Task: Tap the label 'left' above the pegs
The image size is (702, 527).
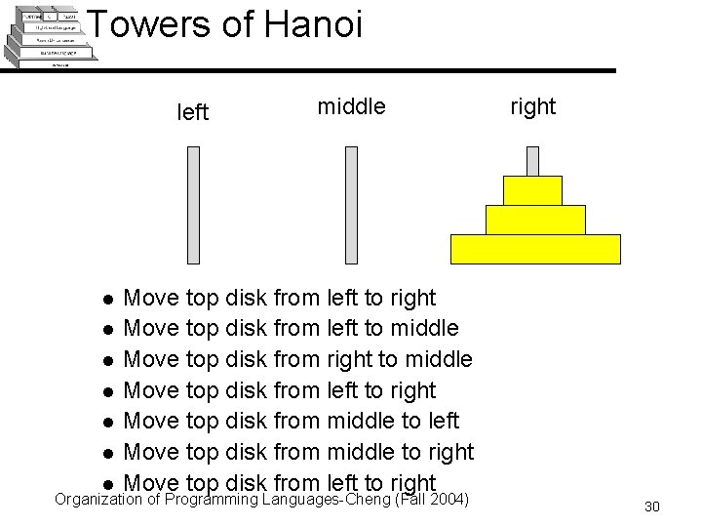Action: coord(192,112)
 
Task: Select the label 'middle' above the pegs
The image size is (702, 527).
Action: coord(351,106)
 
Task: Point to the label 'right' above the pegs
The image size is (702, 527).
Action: coord(532,106)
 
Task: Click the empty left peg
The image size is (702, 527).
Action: coord(193,205)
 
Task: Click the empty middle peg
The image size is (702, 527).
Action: coord(352,205)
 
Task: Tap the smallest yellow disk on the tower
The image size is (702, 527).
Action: coord(532,190)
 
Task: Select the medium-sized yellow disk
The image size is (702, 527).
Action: coord(535,220)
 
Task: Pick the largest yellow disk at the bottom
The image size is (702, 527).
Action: coord(535,249)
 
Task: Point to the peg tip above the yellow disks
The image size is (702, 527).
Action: coord(532,160)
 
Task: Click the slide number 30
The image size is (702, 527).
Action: coord(652,507)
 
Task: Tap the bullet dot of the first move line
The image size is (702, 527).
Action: coord(110,299)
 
